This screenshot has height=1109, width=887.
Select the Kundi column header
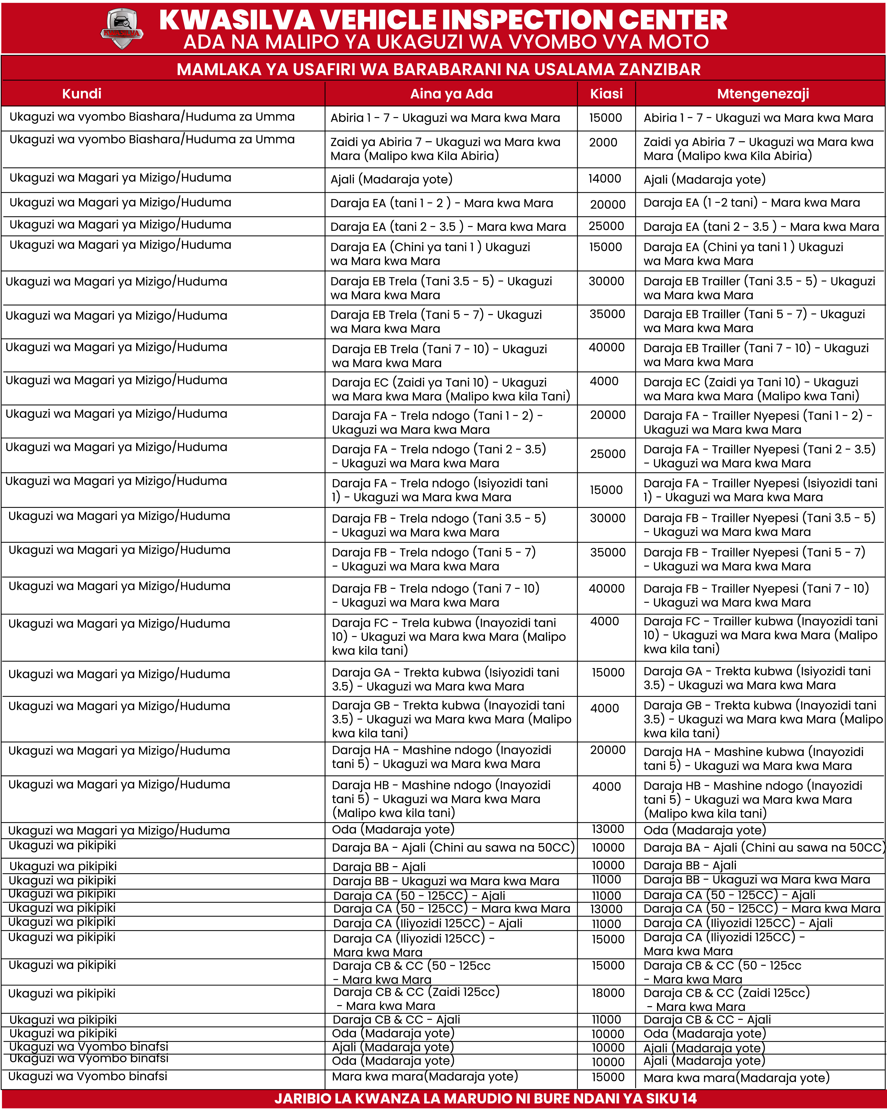click(82, 94)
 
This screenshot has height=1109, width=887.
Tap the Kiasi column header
click(606, 94)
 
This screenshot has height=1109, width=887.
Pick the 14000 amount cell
click(605, 178)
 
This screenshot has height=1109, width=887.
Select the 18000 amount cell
click(608, 993)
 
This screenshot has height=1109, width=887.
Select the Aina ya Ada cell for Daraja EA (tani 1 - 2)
click(442, 203)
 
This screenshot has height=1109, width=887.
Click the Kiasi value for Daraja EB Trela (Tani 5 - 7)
click(607, 314)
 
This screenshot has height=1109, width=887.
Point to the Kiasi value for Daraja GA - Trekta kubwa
click(608, 672)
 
